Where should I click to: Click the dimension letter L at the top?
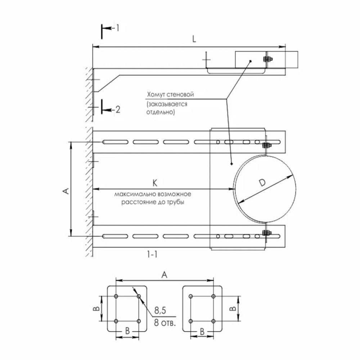[194, 39]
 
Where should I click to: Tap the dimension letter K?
[155, 183]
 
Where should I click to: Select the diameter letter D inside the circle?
[262, 183]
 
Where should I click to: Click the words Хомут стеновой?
[170, 94]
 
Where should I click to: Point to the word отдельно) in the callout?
[161, 112]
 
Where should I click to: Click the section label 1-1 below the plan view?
[152, 255]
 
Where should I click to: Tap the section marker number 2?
[118, 109]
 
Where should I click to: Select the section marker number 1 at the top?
[118, 28]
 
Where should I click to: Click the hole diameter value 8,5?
[160, 310]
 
